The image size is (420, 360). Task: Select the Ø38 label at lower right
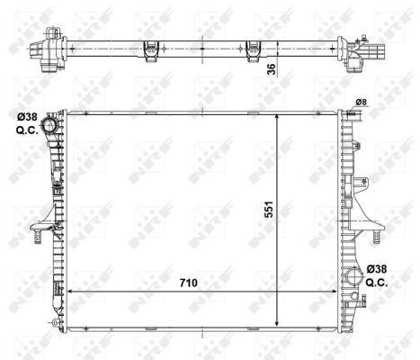pos(379,268)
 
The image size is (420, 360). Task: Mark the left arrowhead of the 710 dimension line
pos(72,294)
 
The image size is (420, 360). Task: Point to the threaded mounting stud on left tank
pos(40,237)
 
